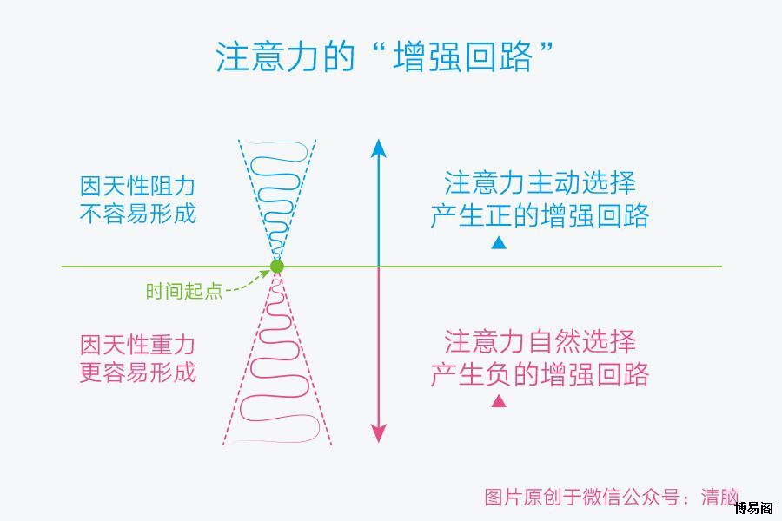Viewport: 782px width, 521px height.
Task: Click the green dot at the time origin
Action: click(277, 267)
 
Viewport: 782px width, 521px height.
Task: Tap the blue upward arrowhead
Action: click(379, 148)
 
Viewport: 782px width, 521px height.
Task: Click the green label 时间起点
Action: click(184, 291)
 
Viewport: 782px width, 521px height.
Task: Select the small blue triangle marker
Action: click(499, 243)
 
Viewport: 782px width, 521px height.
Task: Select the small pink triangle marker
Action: click(499, 401)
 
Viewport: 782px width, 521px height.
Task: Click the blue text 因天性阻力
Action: click(137, 186)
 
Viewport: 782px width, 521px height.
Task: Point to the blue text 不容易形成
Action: click(137, 214)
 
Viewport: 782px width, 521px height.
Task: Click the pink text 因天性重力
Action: click(137, 345)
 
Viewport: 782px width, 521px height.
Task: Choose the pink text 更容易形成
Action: click(137, 373)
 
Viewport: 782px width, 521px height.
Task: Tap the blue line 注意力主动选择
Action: click(540, 183)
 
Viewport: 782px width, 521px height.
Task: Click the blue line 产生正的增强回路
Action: click(540, 215)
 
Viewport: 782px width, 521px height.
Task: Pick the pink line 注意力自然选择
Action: click(540, 341)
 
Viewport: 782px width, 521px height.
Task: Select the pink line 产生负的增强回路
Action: click(540, 374)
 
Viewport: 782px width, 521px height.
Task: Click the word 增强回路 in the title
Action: click(463, 56)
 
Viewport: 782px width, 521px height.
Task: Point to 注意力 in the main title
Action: click(267, 56)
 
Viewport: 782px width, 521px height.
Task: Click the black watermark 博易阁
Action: click(753, 508)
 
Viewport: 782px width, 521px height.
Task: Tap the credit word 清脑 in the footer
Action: click(719, 497)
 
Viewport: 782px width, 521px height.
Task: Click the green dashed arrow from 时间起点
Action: click(248, 281)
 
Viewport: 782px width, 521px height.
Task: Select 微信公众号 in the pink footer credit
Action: click(631, 497)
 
